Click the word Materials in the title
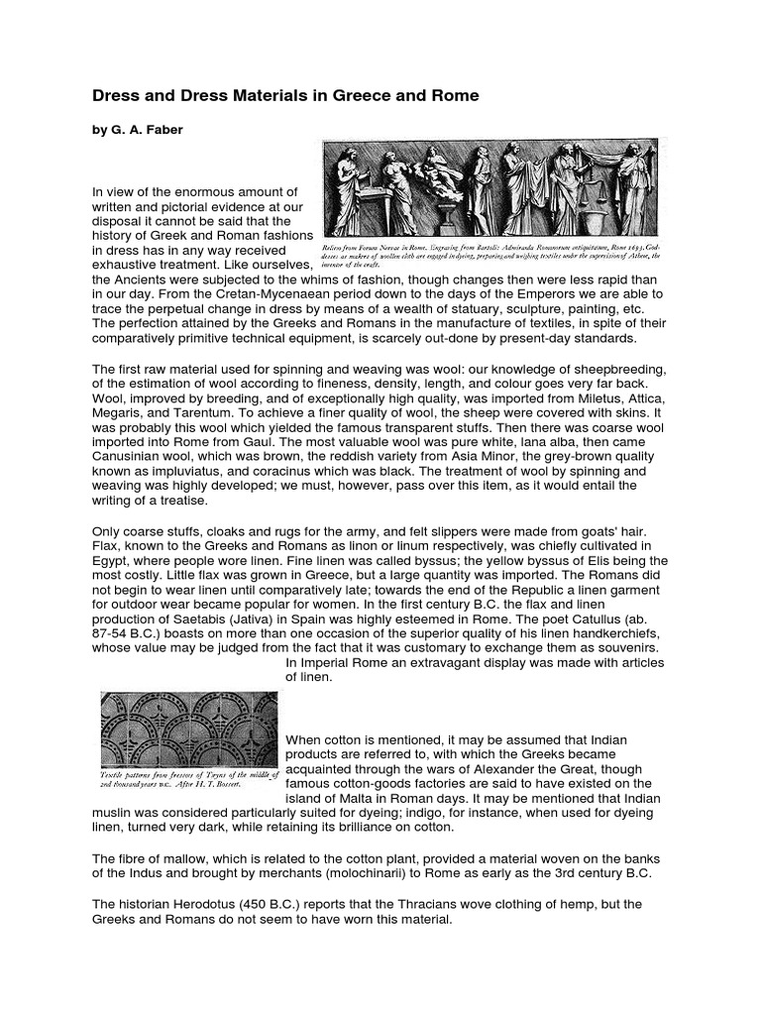point(254,96)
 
